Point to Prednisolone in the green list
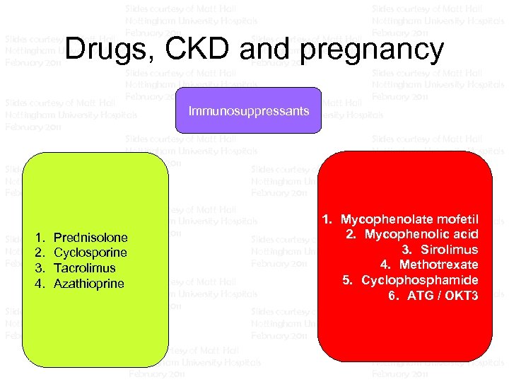pos(90,238)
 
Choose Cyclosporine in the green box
pos(90,253)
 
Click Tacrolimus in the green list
pos(84,268)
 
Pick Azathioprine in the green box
pos(88,284)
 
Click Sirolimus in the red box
pos(449,250)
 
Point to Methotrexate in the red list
pos(438,265)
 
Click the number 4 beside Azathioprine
pos(40,284)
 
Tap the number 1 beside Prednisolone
pos(40,238)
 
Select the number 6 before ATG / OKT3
pos(393,296)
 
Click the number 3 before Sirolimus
pos(406,250)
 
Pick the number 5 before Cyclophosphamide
pos(347,280)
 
